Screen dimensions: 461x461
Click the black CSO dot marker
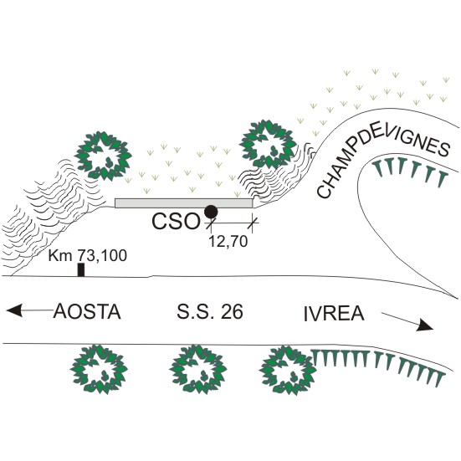(211, 212)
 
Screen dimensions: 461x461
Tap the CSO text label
(176, 221)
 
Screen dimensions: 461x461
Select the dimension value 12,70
(228, 242)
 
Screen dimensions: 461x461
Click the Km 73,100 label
(88, 255)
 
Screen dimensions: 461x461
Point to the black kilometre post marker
(81, 270)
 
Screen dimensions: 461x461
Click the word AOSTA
(87, 311)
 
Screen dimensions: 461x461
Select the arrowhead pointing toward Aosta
(14, 310)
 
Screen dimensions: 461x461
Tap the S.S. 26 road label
(210, 311)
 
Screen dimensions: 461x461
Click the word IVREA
(334, 314)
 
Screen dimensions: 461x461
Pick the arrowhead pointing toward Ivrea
(424, 325)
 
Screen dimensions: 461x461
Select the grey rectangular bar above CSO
(184, 203)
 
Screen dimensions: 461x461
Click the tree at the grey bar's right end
(268, 144)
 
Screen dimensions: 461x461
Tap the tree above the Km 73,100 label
(103, 156)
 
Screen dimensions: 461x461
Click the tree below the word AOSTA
(100, 369)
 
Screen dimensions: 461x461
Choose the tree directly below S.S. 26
(198, 369)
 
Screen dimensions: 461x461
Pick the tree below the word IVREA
(289, 369)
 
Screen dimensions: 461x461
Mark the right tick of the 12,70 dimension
(253, 223)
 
